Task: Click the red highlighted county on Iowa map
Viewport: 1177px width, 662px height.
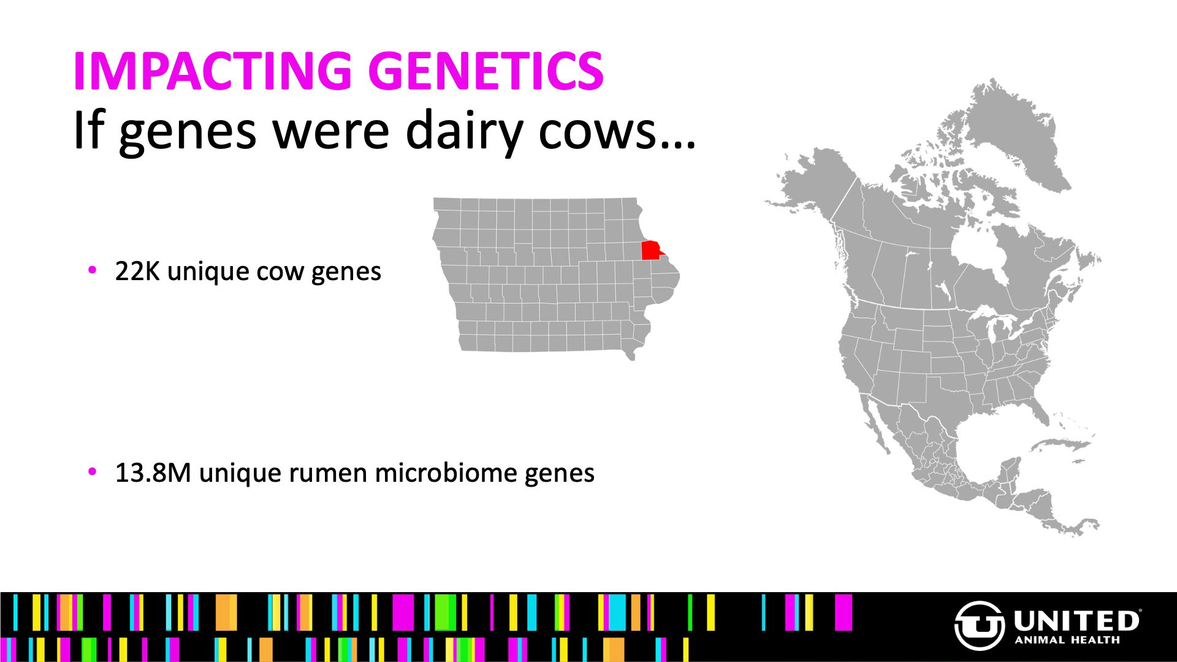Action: tap(652, 250)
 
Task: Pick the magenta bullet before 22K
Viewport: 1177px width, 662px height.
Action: tap(93, 270)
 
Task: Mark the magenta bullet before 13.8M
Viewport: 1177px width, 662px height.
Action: tap(93, 471)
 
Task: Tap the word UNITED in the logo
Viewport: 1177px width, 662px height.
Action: tap(1076, 621)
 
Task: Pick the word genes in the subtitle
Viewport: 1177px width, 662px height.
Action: tap(188, 134)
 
